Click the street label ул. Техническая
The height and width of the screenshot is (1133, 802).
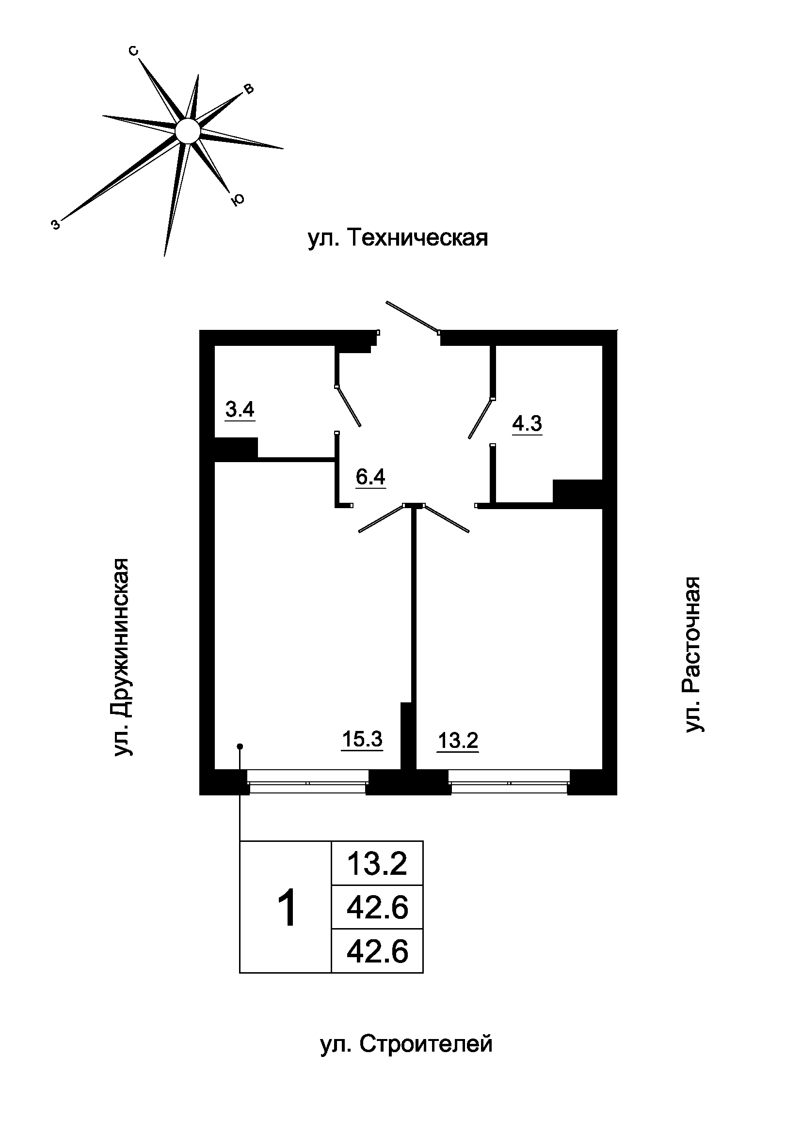(398, 238)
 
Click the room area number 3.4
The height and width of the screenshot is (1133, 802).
(240, 410)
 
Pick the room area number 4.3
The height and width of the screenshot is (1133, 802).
(527, 423)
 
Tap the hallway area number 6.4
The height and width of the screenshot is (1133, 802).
(370, 477)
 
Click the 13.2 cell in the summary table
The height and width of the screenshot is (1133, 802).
(377, 864)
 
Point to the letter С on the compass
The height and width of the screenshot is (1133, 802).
(133, 51)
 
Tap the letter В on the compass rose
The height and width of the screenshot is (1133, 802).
(249, 89)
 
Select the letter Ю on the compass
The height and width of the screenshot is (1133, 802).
(238, 199)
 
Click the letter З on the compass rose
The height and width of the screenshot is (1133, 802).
(56, 225)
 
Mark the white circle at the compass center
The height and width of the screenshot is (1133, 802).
(188, 131)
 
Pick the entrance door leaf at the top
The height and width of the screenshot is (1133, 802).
(412, 316)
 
